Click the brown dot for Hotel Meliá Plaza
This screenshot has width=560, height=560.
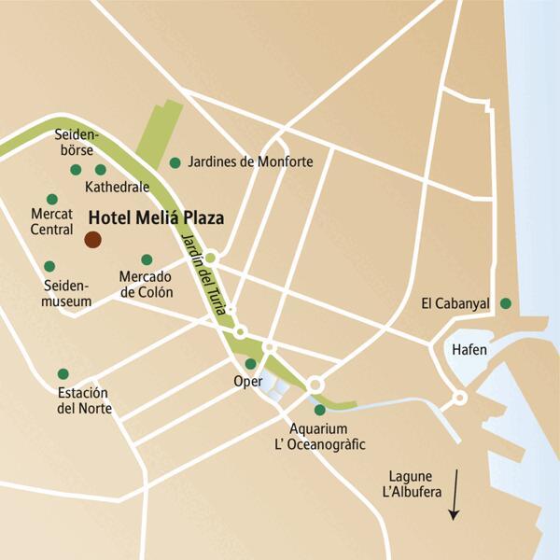(x=92, y=240)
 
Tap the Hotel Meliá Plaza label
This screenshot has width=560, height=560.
(x=155, y=217)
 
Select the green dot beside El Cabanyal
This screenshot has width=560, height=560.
(x=505, y=302)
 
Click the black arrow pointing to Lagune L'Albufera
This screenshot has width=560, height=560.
(x=454, y=496)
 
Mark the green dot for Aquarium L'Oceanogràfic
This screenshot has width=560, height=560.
(x=320, y=410)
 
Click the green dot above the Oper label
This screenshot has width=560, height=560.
(x=250, y=364)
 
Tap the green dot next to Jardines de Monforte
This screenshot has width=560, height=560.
(x=175, y=163)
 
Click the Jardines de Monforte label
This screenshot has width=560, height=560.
(x=250, y=162)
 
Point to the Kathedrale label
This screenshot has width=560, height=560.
(x=117, y=187)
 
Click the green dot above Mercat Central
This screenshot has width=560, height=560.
(x=52, y=199)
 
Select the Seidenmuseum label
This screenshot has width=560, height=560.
(x=67, y=293)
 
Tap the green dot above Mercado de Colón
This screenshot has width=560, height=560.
(x=147, y=259)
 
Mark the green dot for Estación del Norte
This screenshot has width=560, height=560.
(x=63, y=373)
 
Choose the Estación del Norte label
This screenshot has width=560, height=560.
(x=84, y=400)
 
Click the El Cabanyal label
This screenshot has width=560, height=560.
(x=456, y=302)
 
